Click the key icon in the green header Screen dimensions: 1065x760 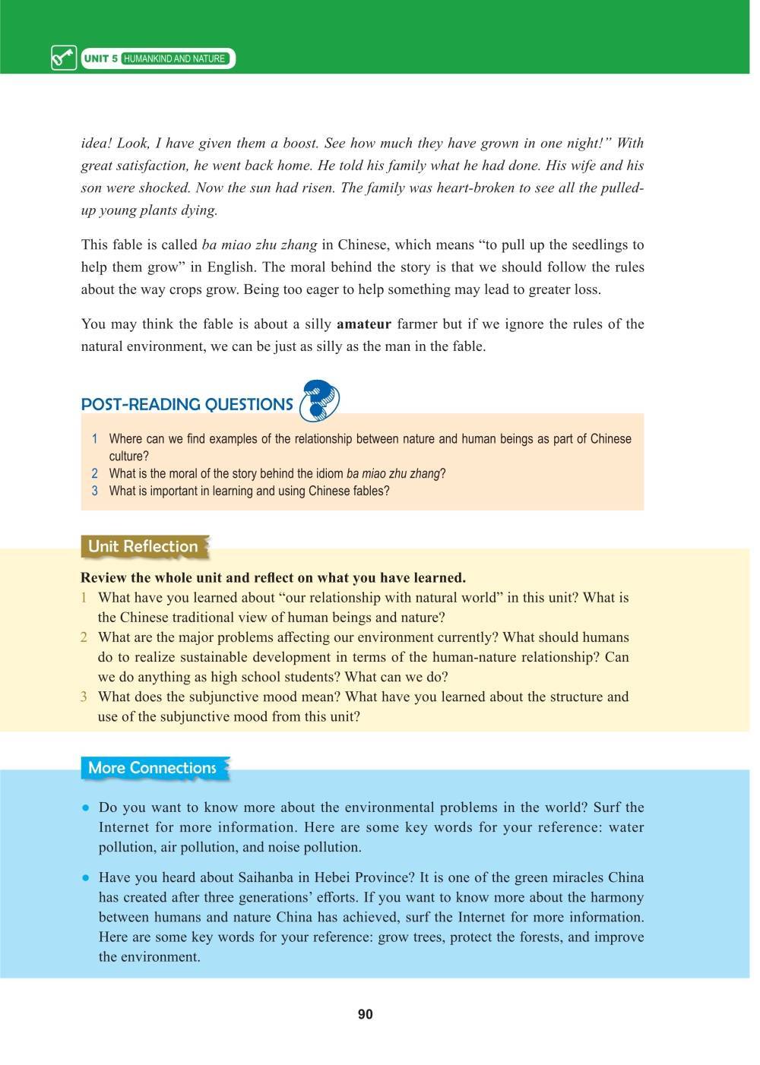pos(64,58)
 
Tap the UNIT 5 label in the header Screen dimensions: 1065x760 pos(101,58)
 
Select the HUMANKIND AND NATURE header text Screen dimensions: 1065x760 pos(175,58)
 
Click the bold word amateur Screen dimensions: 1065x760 pos(364,324)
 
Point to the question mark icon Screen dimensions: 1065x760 pos(319,401)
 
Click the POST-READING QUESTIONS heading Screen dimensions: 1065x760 pos(187,405)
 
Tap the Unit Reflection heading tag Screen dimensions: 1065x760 pos(143,546)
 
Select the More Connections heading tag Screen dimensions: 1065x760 pos(153,768)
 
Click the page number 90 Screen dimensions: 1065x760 pos(366,1015)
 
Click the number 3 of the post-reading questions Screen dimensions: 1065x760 pos(95,491)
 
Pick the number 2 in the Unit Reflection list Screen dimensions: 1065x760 pos(84,637)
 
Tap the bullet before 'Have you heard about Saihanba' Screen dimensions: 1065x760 pos(87,877)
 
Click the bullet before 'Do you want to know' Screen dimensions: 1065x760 pos(87,807)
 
